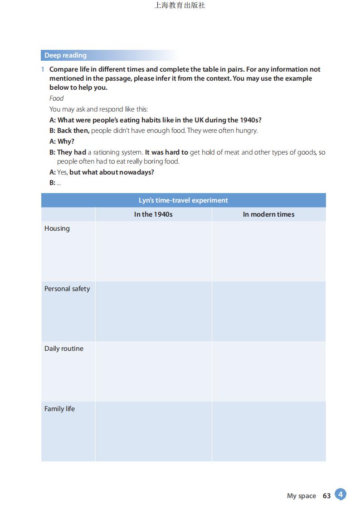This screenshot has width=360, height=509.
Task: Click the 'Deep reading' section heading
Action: (x=65, y=55)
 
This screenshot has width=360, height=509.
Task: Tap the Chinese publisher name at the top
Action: (x=180, y=5)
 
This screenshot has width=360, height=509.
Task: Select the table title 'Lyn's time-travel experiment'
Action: (x=183, y=200)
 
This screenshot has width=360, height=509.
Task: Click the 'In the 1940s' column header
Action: (x=153, y=214)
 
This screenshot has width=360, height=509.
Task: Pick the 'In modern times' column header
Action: (x=268, y=214)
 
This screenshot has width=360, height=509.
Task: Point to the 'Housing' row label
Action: (x=57, y=228)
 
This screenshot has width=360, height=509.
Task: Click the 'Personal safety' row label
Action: (x=67, y=289)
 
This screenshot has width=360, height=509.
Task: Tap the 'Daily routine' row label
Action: (x=64, y=349)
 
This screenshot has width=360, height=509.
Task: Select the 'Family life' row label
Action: (x=59, y=409)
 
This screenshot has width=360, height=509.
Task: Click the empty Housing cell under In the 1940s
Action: (x=153, y=251)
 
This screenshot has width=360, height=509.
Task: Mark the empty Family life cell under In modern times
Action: (x=268, y=431)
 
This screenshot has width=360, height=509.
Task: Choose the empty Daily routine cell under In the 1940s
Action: (x=153, y=371)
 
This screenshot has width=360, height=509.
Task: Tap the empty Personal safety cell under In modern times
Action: (x=268, y=311)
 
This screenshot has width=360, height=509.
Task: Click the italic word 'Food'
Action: (x=57, y=98)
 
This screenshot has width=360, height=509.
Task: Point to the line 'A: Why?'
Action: (x=62, y=141)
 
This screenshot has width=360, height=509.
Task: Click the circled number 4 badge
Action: (x=340, y=494)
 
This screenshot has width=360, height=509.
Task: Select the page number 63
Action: (x=326, y=496)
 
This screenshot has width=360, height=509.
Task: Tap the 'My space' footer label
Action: (x=301, y=496)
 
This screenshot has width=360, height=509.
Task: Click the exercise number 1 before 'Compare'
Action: (x=43, y=69)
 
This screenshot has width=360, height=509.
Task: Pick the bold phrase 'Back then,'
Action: (x=73, y=131)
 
